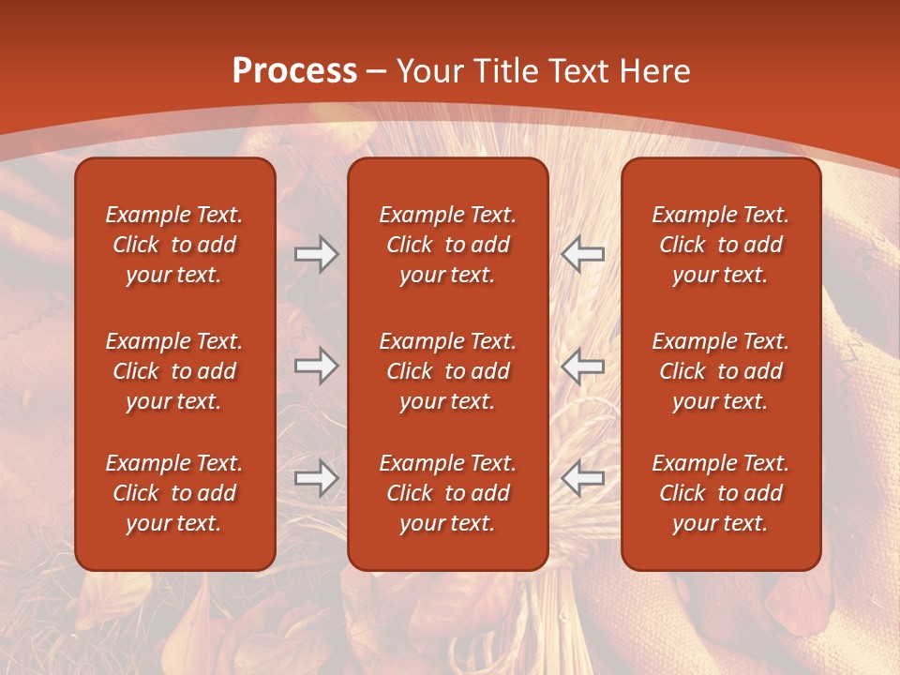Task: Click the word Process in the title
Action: (294, 71)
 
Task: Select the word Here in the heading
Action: (655, 71)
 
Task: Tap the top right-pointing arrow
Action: (316, 254)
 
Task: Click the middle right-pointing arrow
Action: (316, 366)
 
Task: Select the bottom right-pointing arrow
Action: (316, 478)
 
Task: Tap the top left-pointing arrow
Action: (583, 254)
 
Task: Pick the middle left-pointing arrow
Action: (583, 366)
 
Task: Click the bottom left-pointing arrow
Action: (583, 478)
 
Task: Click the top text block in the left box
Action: (174, 245)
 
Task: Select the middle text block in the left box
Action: (174, 371)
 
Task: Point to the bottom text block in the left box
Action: (174, 493)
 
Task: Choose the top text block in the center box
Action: (447, 245)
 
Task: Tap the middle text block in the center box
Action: (447, 371)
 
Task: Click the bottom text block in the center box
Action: (447, 493)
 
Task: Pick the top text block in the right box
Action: (720, 245)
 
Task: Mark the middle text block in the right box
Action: (720, 371)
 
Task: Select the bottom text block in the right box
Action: (720, 493)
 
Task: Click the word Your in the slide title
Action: (429, 71)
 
